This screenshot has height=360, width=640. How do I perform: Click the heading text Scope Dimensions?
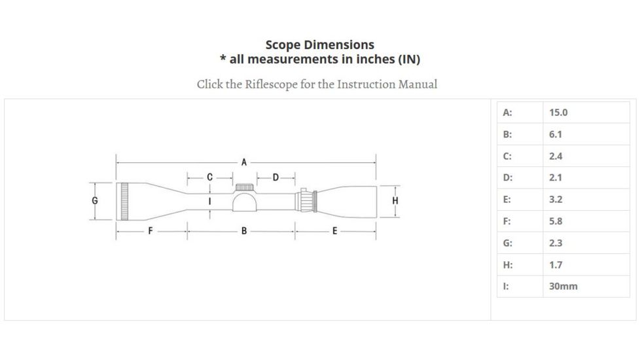coord(320,45)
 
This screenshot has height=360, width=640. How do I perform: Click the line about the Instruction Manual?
coord(317,84)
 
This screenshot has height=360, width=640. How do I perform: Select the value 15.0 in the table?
coord(558,113)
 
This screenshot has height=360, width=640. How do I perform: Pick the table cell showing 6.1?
coord(556,134)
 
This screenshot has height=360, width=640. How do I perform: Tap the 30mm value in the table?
coord(563,286)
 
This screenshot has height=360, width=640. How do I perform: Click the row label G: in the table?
coord(507,243)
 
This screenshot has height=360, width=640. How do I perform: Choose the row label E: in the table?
coord(507,200)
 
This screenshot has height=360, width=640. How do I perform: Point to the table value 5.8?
coord(556,221)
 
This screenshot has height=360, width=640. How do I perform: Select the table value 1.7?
coord(556,264)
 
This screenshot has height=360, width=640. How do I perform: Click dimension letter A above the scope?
coord(243,162)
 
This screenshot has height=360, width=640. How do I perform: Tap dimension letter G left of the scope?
coord(96,200)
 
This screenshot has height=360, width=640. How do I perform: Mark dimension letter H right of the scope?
coord(395,200)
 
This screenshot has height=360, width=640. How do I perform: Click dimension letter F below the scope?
coord(151,230)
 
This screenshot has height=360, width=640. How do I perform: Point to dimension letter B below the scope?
coord(243,230)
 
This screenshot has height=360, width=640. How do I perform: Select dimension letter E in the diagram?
coord(334,230)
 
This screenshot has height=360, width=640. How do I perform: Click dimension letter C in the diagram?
coord(209,177)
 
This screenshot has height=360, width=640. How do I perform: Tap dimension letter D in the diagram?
coord(276,177)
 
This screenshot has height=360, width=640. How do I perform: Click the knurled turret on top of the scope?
coord(243,187)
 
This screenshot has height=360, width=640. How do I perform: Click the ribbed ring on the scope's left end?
coord(124,200)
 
